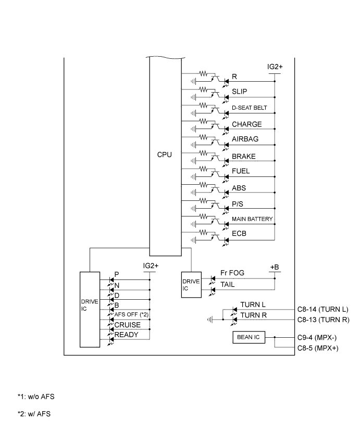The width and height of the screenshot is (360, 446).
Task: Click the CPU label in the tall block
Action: (x=165, y=155)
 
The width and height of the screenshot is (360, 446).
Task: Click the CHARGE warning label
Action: (x=247, y=124)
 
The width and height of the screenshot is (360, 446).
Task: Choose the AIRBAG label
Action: (x=245, y=139)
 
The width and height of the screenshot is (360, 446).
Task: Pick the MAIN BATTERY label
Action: (x=253, y=219)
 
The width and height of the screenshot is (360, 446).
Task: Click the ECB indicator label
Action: (x=240, y=234)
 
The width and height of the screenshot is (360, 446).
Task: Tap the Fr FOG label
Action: (x=232, y=273)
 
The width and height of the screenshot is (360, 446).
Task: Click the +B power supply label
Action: (x=275, y=267)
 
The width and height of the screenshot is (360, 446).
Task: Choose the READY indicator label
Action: (x=127, y=335)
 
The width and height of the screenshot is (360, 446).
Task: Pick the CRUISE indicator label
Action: (x=128, y=325)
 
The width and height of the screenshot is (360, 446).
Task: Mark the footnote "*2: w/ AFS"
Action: (x=34, y=414)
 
